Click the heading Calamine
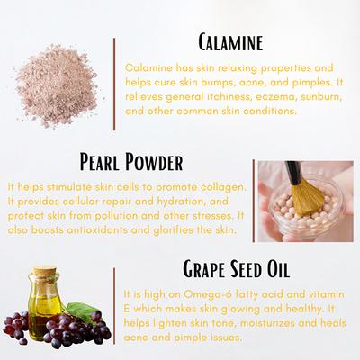point(230,42)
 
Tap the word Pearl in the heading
point(100,162)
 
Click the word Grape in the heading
point(204,269)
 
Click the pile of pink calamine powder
point(57,85)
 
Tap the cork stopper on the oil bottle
point(45,271)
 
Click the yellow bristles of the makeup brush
point(308,197)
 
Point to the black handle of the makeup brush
point(293,173)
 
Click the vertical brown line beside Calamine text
point(114,85)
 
